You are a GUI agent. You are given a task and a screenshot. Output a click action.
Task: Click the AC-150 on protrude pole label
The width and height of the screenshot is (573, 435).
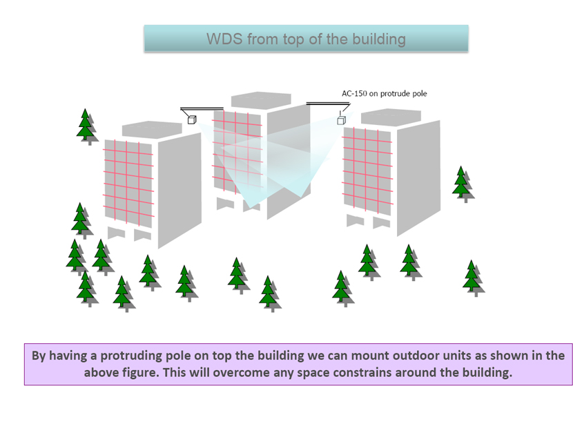(384, 94)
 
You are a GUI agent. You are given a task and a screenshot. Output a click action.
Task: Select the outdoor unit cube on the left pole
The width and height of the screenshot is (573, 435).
(192, 119)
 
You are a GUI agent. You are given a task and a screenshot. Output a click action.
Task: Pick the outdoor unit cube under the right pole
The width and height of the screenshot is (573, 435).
(341, 120)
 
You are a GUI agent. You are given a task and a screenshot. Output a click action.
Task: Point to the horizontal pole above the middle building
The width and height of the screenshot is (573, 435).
(202, 108)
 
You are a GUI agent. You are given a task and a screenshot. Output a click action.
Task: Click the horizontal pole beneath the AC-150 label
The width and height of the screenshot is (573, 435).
(328, 104)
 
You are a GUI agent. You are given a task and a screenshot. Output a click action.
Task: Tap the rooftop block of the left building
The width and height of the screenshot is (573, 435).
(152, 129)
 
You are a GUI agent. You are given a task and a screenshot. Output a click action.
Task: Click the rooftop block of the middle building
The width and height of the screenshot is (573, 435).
(261, 100)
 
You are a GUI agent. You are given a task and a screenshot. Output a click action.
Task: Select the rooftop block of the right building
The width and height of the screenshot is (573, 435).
(391, 117)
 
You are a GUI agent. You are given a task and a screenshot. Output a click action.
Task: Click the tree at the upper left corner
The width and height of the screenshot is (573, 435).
(87, 126)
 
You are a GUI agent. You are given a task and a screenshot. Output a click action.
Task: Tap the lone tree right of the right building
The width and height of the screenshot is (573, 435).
(463, 184)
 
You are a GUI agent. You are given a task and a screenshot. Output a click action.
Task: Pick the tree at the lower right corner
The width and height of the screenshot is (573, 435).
(474, 278)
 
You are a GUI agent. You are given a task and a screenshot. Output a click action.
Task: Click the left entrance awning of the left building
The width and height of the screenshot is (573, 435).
(117, 233)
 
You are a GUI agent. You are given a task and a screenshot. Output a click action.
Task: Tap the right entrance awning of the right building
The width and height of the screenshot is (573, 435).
(382, 222)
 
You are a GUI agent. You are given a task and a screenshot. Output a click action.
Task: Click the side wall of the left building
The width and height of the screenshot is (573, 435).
(179, 190)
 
